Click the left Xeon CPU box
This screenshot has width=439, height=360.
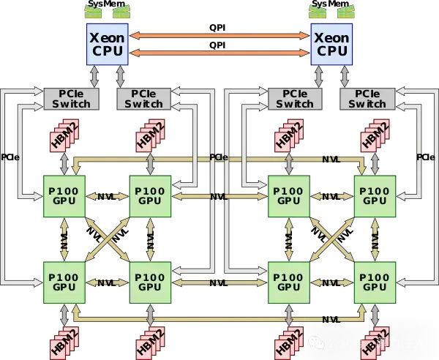tap(106, 43)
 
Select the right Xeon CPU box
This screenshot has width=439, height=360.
tap(331, 43)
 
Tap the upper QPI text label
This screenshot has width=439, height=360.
tap(219, 28)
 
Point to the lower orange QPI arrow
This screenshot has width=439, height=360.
tap(219, 53)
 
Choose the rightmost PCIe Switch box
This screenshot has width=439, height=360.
tap(367, 99)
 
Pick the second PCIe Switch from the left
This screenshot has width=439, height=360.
tap(143, 99)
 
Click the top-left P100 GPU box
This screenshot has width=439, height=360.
tap(64, 196)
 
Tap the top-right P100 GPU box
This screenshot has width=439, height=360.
tap(375, 196)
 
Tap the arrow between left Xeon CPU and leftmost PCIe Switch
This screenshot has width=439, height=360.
tap(94, 74)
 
